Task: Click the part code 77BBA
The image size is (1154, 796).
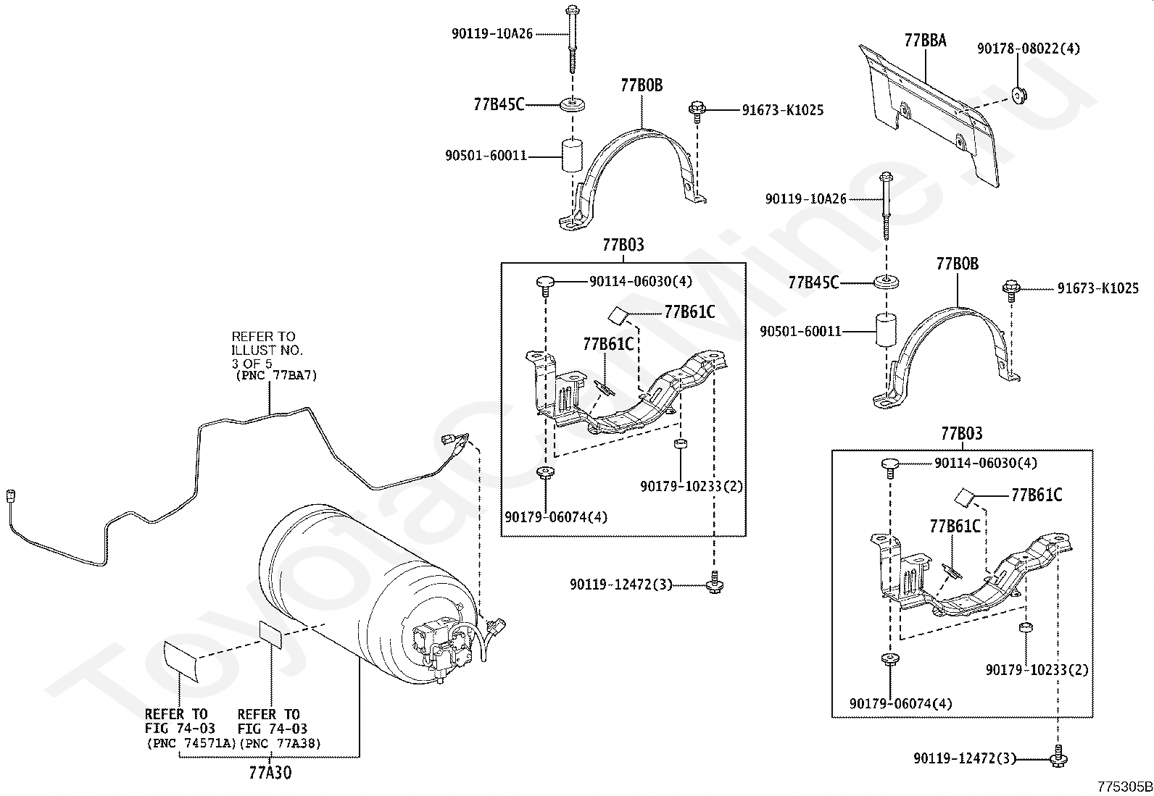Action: (925, 40)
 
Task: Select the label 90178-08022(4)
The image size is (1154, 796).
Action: (1029, 49)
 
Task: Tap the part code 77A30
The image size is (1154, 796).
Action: (270, 772)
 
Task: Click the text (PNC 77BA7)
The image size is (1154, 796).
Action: (276, 375)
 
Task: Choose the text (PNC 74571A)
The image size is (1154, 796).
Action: (191, 743)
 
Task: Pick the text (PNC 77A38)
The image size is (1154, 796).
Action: (281, 743)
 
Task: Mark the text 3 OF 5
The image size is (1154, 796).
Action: (252, 364)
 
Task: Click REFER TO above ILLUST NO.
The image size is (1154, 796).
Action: (263, 337)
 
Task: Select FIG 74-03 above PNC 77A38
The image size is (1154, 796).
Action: (273, 729)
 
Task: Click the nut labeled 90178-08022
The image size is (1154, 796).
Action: (1018, 96)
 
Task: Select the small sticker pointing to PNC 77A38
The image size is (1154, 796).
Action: (271, 634)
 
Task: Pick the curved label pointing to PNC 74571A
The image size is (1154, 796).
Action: (180, 661)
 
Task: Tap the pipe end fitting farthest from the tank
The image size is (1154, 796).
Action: (10, 496)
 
